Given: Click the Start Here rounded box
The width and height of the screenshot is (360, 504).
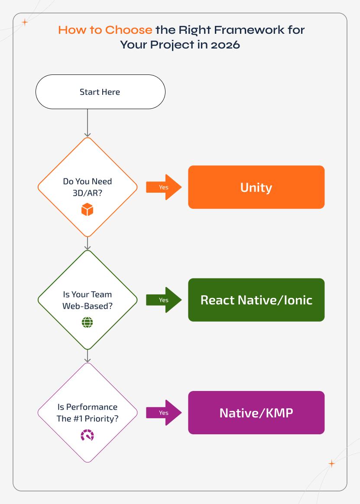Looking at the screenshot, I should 100,92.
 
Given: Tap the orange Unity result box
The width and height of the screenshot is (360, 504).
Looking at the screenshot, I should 256,187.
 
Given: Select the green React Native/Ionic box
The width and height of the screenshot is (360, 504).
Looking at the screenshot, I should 256,300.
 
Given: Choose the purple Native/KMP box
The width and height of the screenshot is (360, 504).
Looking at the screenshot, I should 256,413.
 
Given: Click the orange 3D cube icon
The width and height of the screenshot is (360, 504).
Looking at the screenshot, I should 87,210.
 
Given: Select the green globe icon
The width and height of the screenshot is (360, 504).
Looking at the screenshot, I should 87,322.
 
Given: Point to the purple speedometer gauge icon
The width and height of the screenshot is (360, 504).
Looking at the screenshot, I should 87,435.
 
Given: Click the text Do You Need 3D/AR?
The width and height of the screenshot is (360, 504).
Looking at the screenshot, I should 87,187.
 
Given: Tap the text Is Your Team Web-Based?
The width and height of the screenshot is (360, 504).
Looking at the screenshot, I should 87,300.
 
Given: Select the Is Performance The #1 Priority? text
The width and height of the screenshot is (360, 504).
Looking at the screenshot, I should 87,412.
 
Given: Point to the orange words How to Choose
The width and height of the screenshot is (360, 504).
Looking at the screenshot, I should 105,30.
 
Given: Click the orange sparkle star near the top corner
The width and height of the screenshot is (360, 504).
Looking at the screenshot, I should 25,23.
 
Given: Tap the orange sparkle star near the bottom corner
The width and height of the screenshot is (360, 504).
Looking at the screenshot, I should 332,464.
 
